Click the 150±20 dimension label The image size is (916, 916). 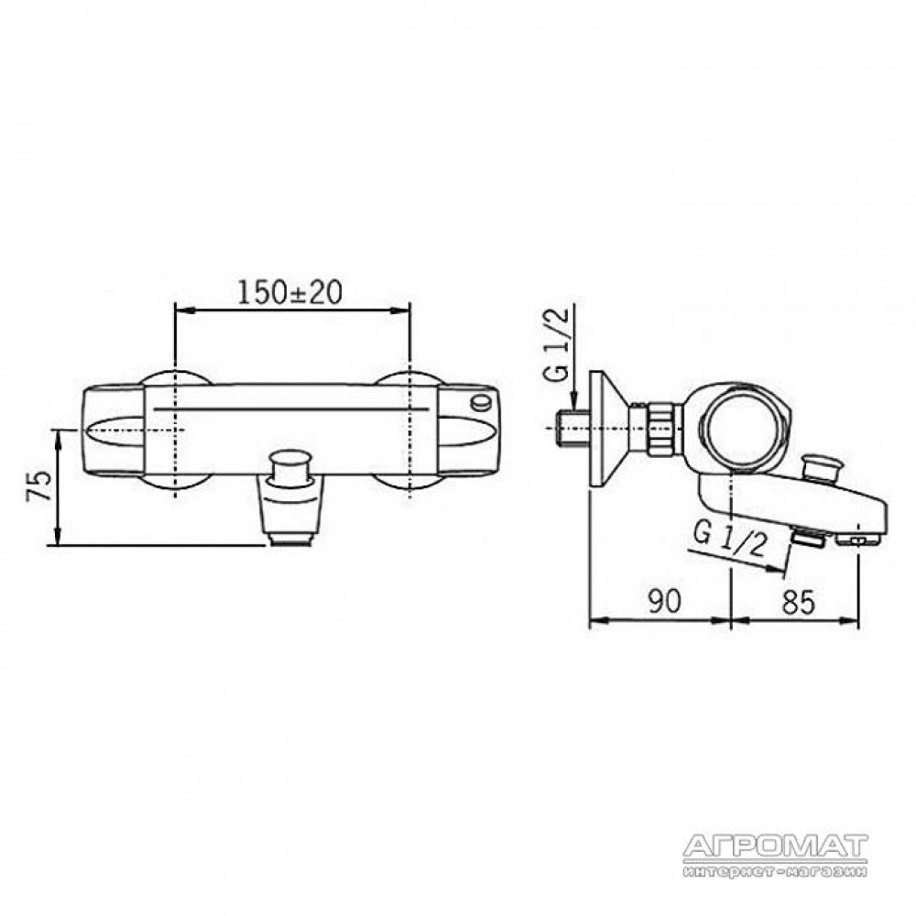pos(289,292)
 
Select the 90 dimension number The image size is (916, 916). pos(664,601)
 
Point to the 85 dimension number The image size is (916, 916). pos(798,601)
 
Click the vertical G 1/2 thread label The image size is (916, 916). pos(559,344)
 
